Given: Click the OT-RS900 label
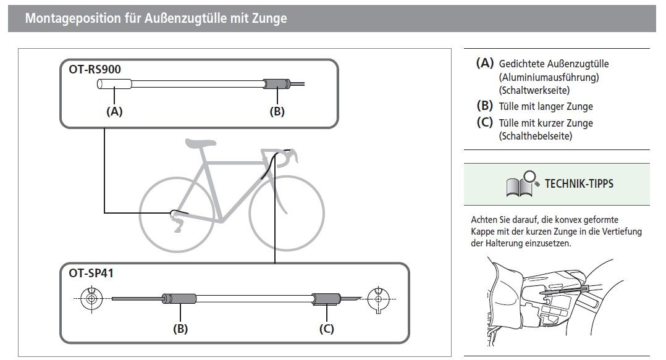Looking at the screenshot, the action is point(95,69).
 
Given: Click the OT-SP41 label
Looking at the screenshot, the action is point(91,273).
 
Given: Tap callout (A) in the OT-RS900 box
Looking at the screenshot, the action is point(114,111).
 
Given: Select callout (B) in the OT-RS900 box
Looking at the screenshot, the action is point(277,111).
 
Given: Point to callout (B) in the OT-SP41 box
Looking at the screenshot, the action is point(180,329).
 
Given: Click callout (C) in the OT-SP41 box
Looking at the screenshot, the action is point(327,329).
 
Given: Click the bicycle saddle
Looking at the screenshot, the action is point(200,143).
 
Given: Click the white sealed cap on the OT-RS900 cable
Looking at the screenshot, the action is point(114,84).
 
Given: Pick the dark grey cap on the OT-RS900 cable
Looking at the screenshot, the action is point(277,83).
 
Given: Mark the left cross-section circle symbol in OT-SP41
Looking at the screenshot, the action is point(91,298).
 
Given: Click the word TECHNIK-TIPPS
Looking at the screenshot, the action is point(579,184).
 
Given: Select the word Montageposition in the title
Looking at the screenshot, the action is point(73,19).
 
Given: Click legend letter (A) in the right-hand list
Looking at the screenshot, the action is point(484,63).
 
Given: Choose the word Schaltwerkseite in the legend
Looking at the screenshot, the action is point(534,90).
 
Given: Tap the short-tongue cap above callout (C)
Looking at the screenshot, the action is point(326,299).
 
